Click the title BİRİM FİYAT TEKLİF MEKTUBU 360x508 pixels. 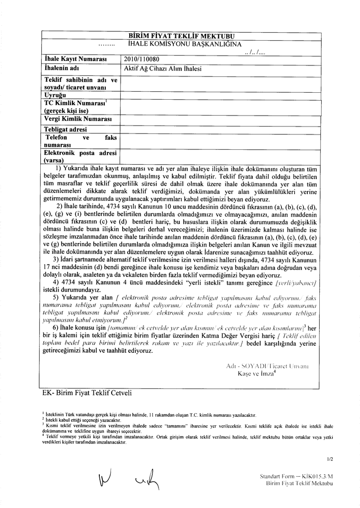coord(181,36)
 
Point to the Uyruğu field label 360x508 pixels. coord(56,94)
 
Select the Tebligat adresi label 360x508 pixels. coord(66,129)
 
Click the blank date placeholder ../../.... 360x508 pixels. coord(258,52)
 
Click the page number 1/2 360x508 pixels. coord(330,459)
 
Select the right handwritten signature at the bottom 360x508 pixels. coord(147,480)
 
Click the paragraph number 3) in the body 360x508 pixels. coord(56,259)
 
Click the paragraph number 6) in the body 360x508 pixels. coord(56,328)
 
